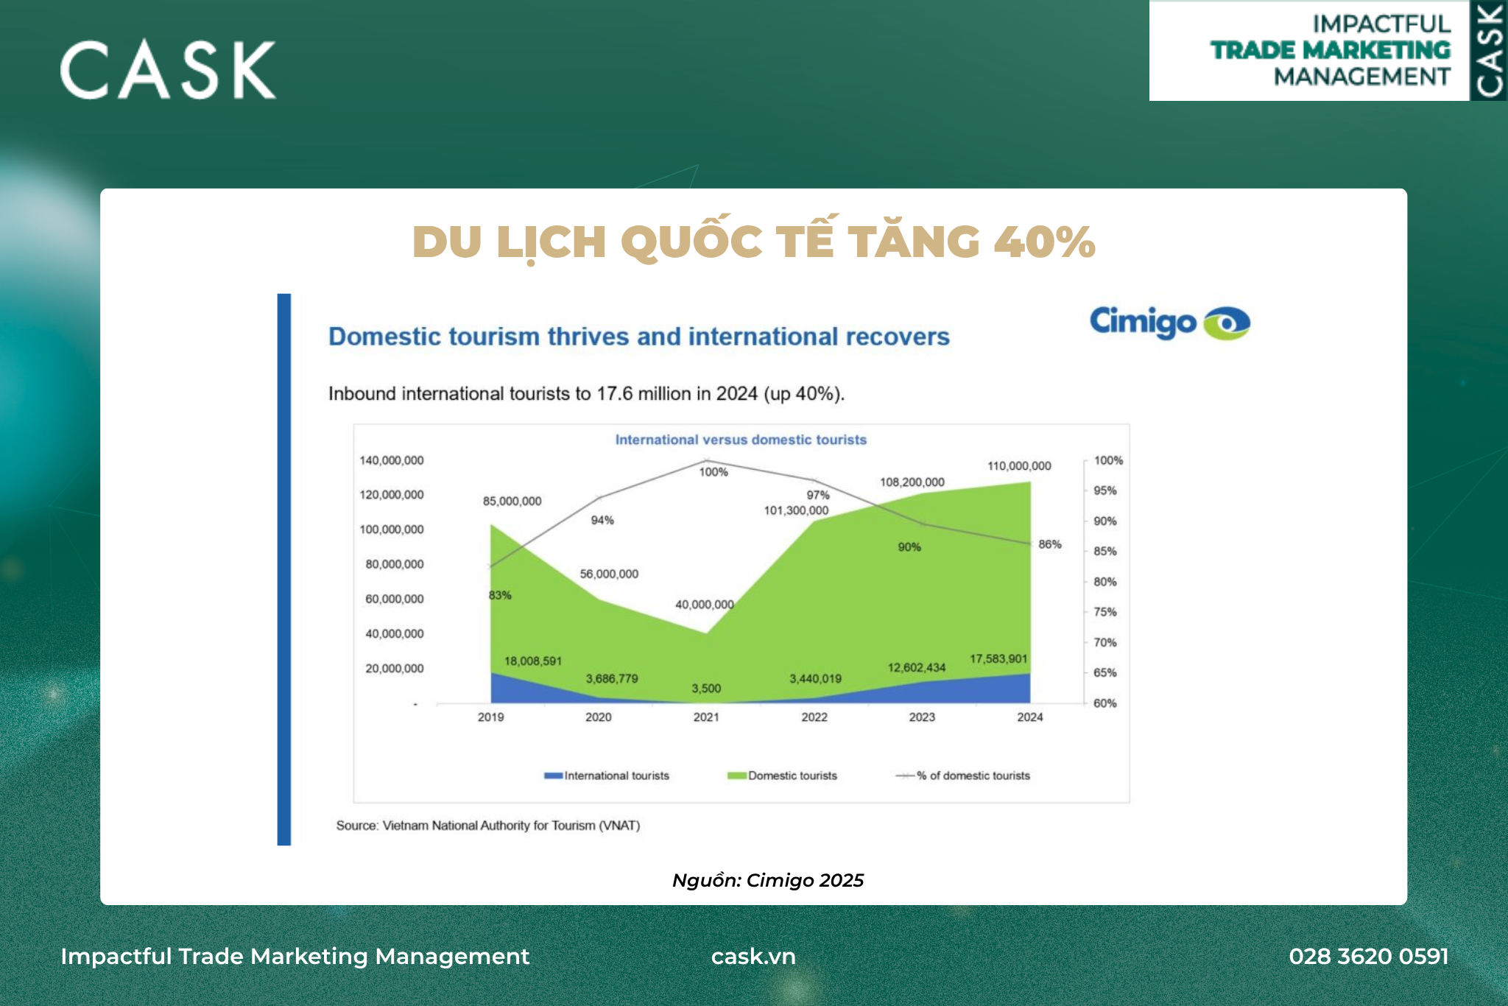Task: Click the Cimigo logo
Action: [1169, 323]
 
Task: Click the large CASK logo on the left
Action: [168, 70]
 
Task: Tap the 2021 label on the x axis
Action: [706, 717]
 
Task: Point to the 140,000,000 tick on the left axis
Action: [391, 460]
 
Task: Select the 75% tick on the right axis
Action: [1104, 612]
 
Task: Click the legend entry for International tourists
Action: [607, 775]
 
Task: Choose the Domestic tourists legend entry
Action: [782, 775]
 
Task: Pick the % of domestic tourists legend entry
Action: [962, 775]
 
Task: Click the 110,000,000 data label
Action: [1019, 466]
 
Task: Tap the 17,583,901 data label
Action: [998, 658]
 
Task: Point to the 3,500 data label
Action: [706, 689]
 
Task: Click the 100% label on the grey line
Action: [714, 472]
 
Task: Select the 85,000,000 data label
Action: [512, 502]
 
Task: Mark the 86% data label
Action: [1050, 544]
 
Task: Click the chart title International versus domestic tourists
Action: [741, 440]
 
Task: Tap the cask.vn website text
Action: [753, 956]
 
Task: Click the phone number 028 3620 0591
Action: [1369, 956]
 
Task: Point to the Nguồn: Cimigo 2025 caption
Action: [768, 880]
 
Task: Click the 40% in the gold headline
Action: [1044, 242]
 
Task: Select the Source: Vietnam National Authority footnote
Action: [488, 826]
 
